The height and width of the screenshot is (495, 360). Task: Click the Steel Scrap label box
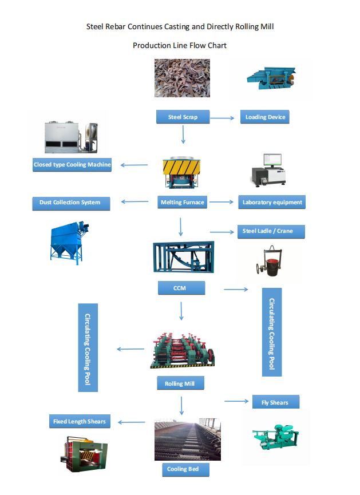[183, 117]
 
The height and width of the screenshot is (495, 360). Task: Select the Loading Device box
[264, 117]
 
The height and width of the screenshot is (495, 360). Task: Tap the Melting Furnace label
[182, 202]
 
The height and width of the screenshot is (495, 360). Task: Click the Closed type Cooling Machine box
[72, 165]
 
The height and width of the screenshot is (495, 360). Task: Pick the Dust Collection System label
[70, 202]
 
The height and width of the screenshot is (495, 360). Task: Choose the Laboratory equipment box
[272, 202]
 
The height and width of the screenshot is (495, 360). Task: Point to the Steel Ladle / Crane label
[271, 231]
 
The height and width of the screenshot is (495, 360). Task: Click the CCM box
[181, 288]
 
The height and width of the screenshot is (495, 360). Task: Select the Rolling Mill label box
[180, 383]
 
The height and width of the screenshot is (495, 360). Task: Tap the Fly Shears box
[275, 402]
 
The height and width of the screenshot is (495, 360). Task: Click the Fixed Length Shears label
[79, 422]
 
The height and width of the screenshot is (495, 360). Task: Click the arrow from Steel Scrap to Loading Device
[223, 118]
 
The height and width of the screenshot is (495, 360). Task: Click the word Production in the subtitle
[151, 45]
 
